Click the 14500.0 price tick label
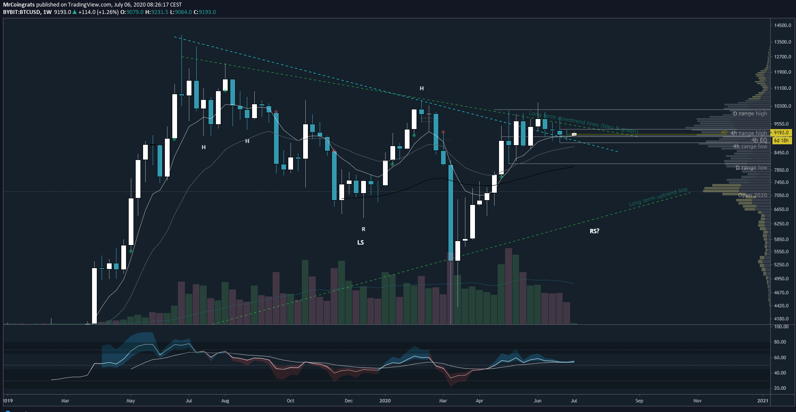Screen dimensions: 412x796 tap(782, 25)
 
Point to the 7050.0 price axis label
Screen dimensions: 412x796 tap(781, 195)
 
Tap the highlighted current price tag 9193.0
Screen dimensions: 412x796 tap(781, 133)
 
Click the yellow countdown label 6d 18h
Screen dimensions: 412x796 tap(781, 140)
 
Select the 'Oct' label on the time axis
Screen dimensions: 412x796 tap(290, 401)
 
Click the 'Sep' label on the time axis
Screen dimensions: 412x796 tap(639, 401)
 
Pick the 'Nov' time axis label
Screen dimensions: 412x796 tap(697, 401)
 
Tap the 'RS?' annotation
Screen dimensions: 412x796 tap(594, 231)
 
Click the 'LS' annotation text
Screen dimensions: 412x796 tap(360, 242)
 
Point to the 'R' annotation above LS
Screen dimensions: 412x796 tap(363, 229)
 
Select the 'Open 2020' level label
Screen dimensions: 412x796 tap(752, 195)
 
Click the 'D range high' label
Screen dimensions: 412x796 tap(750, 114)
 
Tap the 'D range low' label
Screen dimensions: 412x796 tap(751, 168)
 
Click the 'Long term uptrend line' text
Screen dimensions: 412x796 tap(658, 197)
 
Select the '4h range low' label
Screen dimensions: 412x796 tap(750, 146)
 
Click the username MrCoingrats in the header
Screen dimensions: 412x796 tap(19, 4)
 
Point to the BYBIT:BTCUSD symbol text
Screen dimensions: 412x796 tap(21, 12)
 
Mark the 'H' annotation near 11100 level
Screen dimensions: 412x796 tap(421, 89)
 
